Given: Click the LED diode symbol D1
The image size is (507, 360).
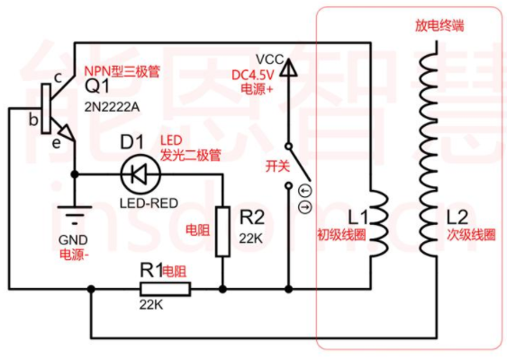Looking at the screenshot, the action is pyautogui.click(x=140, y=175).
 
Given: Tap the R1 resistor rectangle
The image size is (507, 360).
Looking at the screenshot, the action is pyautogui.click(x=165, y=289).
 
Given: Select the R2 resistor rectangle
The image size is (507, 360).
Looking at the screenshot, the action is pyautogui.click(x=222, y=231).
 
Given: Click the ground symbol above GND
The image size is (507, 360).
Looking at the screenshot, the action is pyautogui.click(x=75, y=214).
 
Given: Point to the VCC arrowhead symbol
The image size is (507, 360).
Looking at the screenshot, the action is pyautogui.click(x=288, y=67).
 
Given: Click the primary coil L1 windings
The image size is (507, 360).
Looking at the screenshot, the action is pyautogui.click(x=378, y=223).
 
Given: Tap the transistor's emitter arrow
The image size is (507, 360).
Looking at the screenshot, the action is pyautogui.click(x=66, y=131).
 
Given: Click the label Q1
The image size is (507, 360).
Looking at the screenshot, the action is pyautogui.click(x=97, y=86).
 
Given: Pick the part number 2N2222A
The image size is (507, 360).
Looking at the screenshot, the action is pyautogui.click(x=112, y=107).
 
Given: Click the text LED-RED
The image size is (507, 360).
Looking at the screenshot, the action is pyautogui.click(x=149, y=203).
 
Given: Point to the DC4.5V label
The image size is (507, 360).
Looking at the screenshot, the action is pyautogui.click(x=253, y=76).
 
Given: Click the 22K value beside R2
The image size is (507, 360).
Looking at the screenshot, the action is pyautogui.click(x=251, y=238).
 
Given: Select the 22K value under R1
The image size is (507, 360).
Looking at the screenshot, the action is pyautogui.click(x=151, y=304).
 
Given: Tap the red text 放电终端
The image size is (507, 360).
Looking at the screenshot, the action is pyautogui.click(x=439, y=25).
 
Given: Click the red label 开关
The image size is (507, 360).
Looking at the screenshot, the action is pyautogui.click(x=277, y=166).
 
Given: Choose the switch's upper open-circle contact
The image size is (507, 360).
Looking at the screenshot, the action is pyautogui.click(x=288, y=147).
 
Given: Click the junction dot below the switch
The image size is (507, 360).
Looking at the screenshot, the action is pyautogui.click(x=289, y=289).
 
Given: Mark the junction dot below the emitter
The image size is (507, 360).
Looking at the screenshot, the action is pyautogui.click(x=75, y=175).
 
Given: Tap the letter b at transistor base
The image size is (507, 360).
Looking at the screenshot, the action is pyautogui.click(x=33, y=120).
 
